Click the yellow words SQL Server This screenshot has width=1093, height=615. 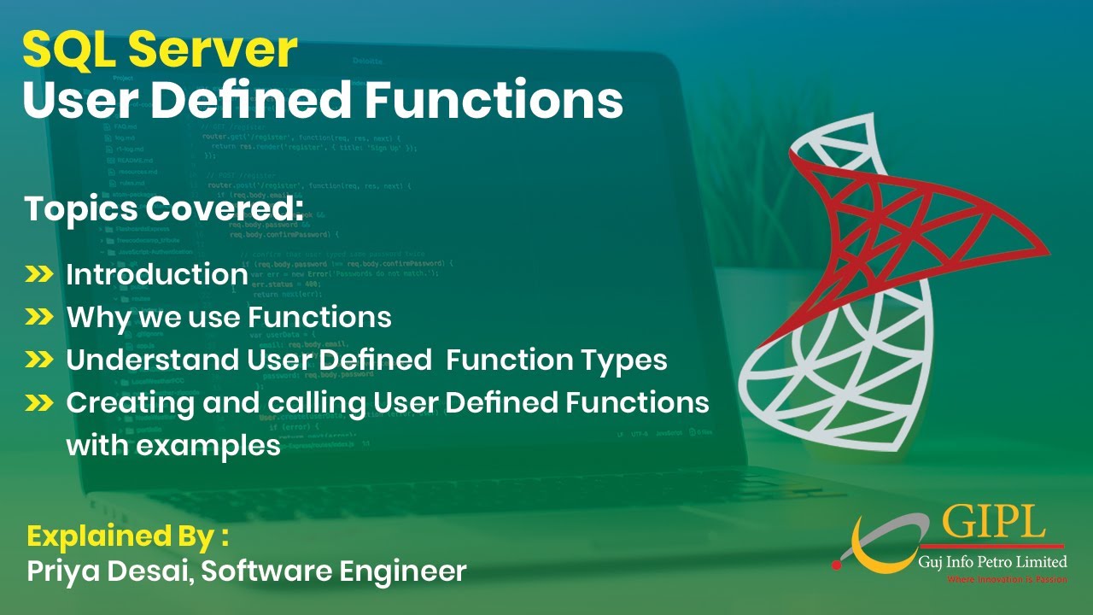[x=160, y=50]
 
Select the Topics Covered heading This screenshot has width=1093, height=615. [x=163, y=209]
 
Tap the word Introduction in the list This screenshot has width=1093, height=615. [x=157, y=274]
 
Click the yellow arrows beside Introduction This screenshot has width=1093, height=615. [x=39, y=274]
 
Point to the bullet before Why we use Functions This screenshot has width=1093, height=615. [x=39, y=317]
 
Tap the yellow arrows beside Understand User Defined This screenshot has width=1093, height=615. [x=39, y=360]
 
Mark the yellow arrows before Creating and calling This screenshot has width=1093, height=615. [x=39, y=401]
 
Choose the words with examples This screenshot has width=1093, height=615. [x=173, y=445]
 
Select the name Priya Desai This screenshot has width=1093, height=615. [x=108, y=571]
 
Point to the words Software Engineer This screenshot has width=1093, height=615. [x=334, y=571]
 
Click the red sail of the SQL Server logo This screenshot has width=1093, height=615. [x=922, y=222]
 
